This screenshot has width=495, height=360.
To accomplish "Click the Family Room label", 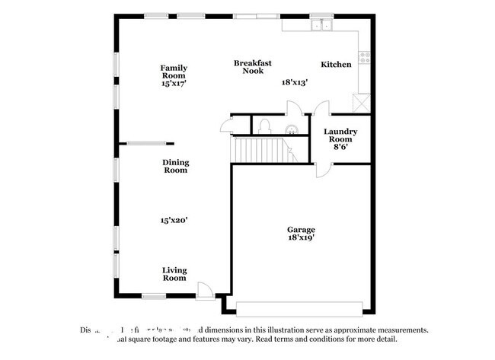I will (x=173, y=71).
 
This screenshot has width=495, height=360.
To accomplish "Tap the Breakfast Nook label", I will (x=253, y=67).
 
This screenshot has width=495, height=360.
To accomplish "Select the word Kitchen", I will (x=336, y=65).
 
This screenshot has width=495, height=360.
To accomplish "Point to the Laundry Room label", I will (x=340, y=135).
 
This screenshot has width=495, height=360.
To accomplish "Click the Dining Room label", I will (x=175, y=166).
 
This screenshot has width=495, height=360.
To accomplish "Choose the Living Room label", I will (x=174, y=274).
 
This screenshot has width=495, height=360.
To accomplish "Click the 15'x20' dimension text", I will (x=174, y=220).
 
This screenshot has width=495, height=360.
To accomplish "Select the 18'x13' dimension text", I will (x=295, y=82).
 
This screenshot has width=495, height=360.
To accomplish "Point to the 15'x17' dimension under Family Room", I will (x=174, y=84).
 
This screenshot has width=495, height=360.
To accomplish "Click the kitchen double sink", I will (x=321, y=24).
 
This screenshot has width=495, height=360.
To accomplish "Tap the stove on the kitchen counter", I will (x=364, y=56).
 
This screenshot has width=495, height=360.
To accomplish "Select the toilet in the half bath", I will (x=264, y=126).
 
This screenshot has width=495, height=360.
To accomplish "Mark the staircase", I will (x=262, y=150).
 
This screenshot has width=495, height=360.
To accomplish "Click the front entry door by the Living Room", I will (x=205, y=290).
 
